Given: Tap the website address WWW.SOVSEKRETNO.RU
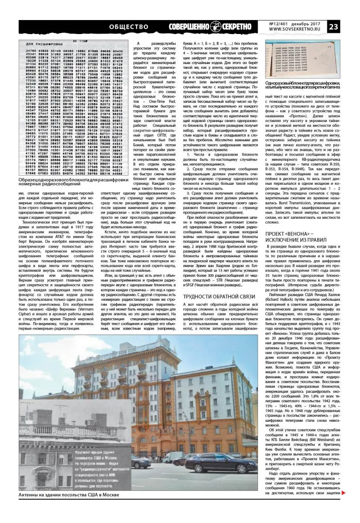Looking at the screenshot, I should (x=296, y=30).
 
